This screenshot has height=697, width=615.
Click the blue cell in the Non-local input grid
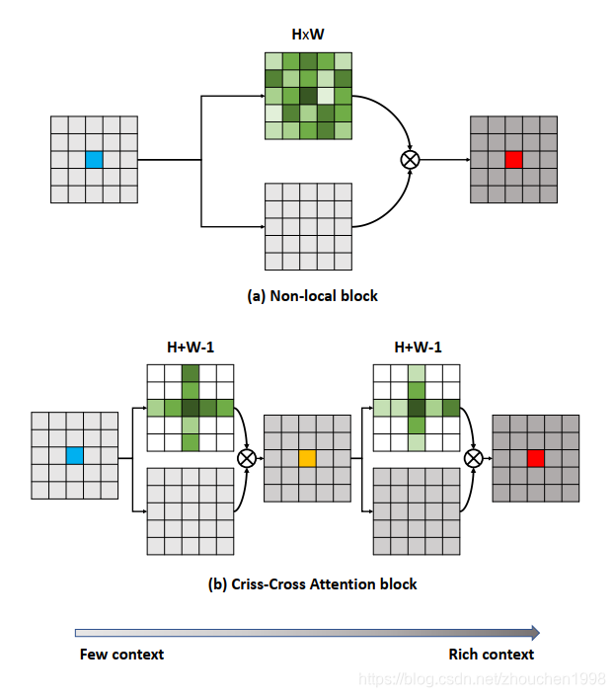pos(94,159)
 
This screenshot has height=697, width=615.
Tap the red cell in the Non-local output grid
pos(513,159)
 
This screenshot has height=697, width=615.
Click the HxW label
pos(308,35)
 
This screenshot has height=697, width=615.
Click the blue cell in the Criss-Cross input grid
pos(74,455)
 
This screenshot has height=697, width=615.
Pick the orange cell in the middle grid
pos(308,458)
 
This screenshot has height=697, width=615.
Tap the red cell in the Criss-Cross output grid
pos(535,458)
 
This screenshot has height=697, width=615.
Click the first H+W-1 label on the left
pos(190,348)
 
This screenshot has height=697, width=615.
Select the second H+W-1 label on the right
pos(418,348)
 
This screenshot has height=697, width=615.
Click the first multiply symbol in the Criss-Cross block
pos(248,458)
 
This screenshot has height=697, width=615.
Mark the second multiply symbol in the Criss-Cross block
pos(474,458)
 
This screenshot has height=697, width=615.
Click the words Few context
pos(121,654)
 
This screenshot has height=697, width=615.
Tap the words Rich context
pos(491,654)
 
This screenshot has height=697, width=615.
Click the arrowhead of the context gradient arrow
pos(534,632)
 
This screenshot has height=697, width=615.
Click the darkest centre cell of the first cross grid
pos(191,408)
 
